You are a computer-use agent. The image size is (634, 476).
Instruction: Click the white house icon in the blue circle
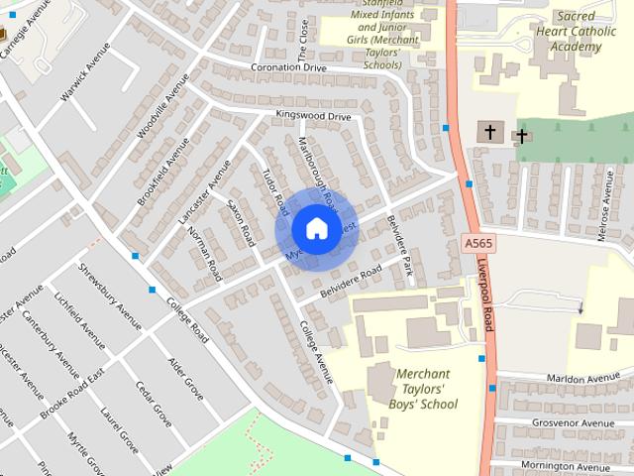point(315,229)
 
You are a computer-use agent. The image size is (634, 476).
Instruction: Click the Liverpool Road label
point(488,297)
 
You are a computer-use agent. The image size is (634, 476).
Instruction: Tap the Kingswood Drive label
point(314,117)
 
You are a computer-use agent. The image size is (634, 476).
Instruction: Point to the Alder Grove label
point(185,379)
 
